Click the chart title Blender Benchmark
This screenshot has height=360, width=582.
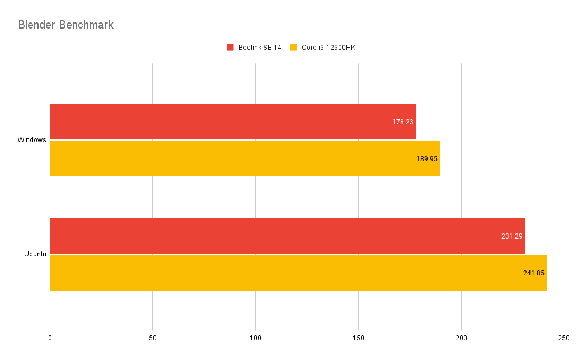click(66, 25)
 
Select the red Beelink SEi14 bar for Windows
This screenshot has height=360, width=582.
click(224, 121)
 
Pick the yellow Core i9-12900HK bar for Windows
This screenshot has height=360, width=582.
click(235, 158)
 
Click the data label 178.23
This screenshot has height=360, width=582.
click(403, 121)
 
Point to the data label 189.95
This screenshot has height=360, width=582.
click(427, 158)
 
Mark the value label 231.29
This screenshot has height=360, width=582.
click(511, 236)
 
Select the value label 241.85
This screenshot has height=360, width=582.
click(534, 273)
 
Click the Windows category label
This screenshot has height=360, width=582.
click(32, 140)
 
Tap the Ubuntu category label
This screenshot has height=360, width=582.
click(35, 254)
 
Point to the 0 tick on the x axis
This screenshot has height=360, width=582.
click(50, 338)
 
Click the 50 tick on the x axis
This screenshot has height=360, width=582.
click(152, 338)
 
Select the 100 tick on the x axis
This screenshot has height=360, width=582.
click(255, 338)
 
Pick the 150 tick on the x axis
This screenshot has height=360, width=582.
click(358, 338)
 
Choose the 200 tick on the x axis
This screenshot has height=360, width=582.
click(461, 338)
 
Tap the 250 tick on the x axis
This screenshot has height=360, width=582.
click(564, 338)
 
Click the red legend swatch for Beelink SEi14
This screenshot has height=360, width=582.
click(230, 48)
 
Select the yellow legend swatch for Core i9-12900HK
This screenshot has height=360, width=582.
click(293, 48)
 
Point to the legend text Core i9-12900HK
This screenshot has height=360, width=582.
click(328, 48)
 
